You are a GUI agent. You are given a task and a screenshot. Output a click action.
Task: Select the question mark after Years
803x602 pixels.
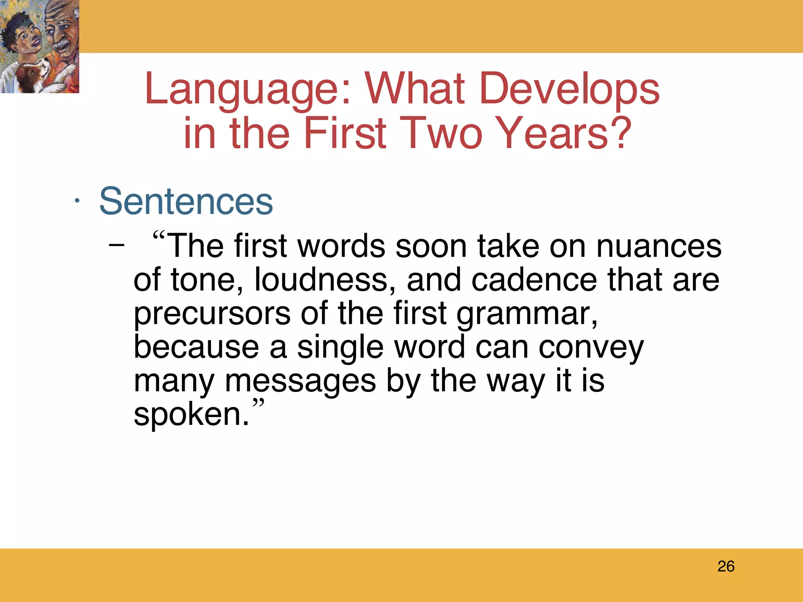click(x=619, y=133)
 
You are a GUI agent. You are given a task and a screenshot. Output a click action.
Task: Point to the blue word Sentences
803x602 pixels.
click(x=186, y=201)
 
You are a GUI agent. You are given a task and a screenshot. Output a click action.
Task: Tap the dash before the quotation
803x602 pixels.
click(x=116, y=246)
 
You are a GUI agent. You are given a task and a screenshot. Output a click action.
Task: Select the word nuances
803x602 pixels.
click(x=659, y=247)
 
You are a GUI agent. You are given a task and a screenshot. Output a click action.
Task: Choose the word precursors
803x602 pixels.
click(x=212, y=314)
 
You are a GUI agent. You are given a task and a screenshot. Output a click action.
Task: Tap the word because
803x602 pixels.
click(x=196, y=347)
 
